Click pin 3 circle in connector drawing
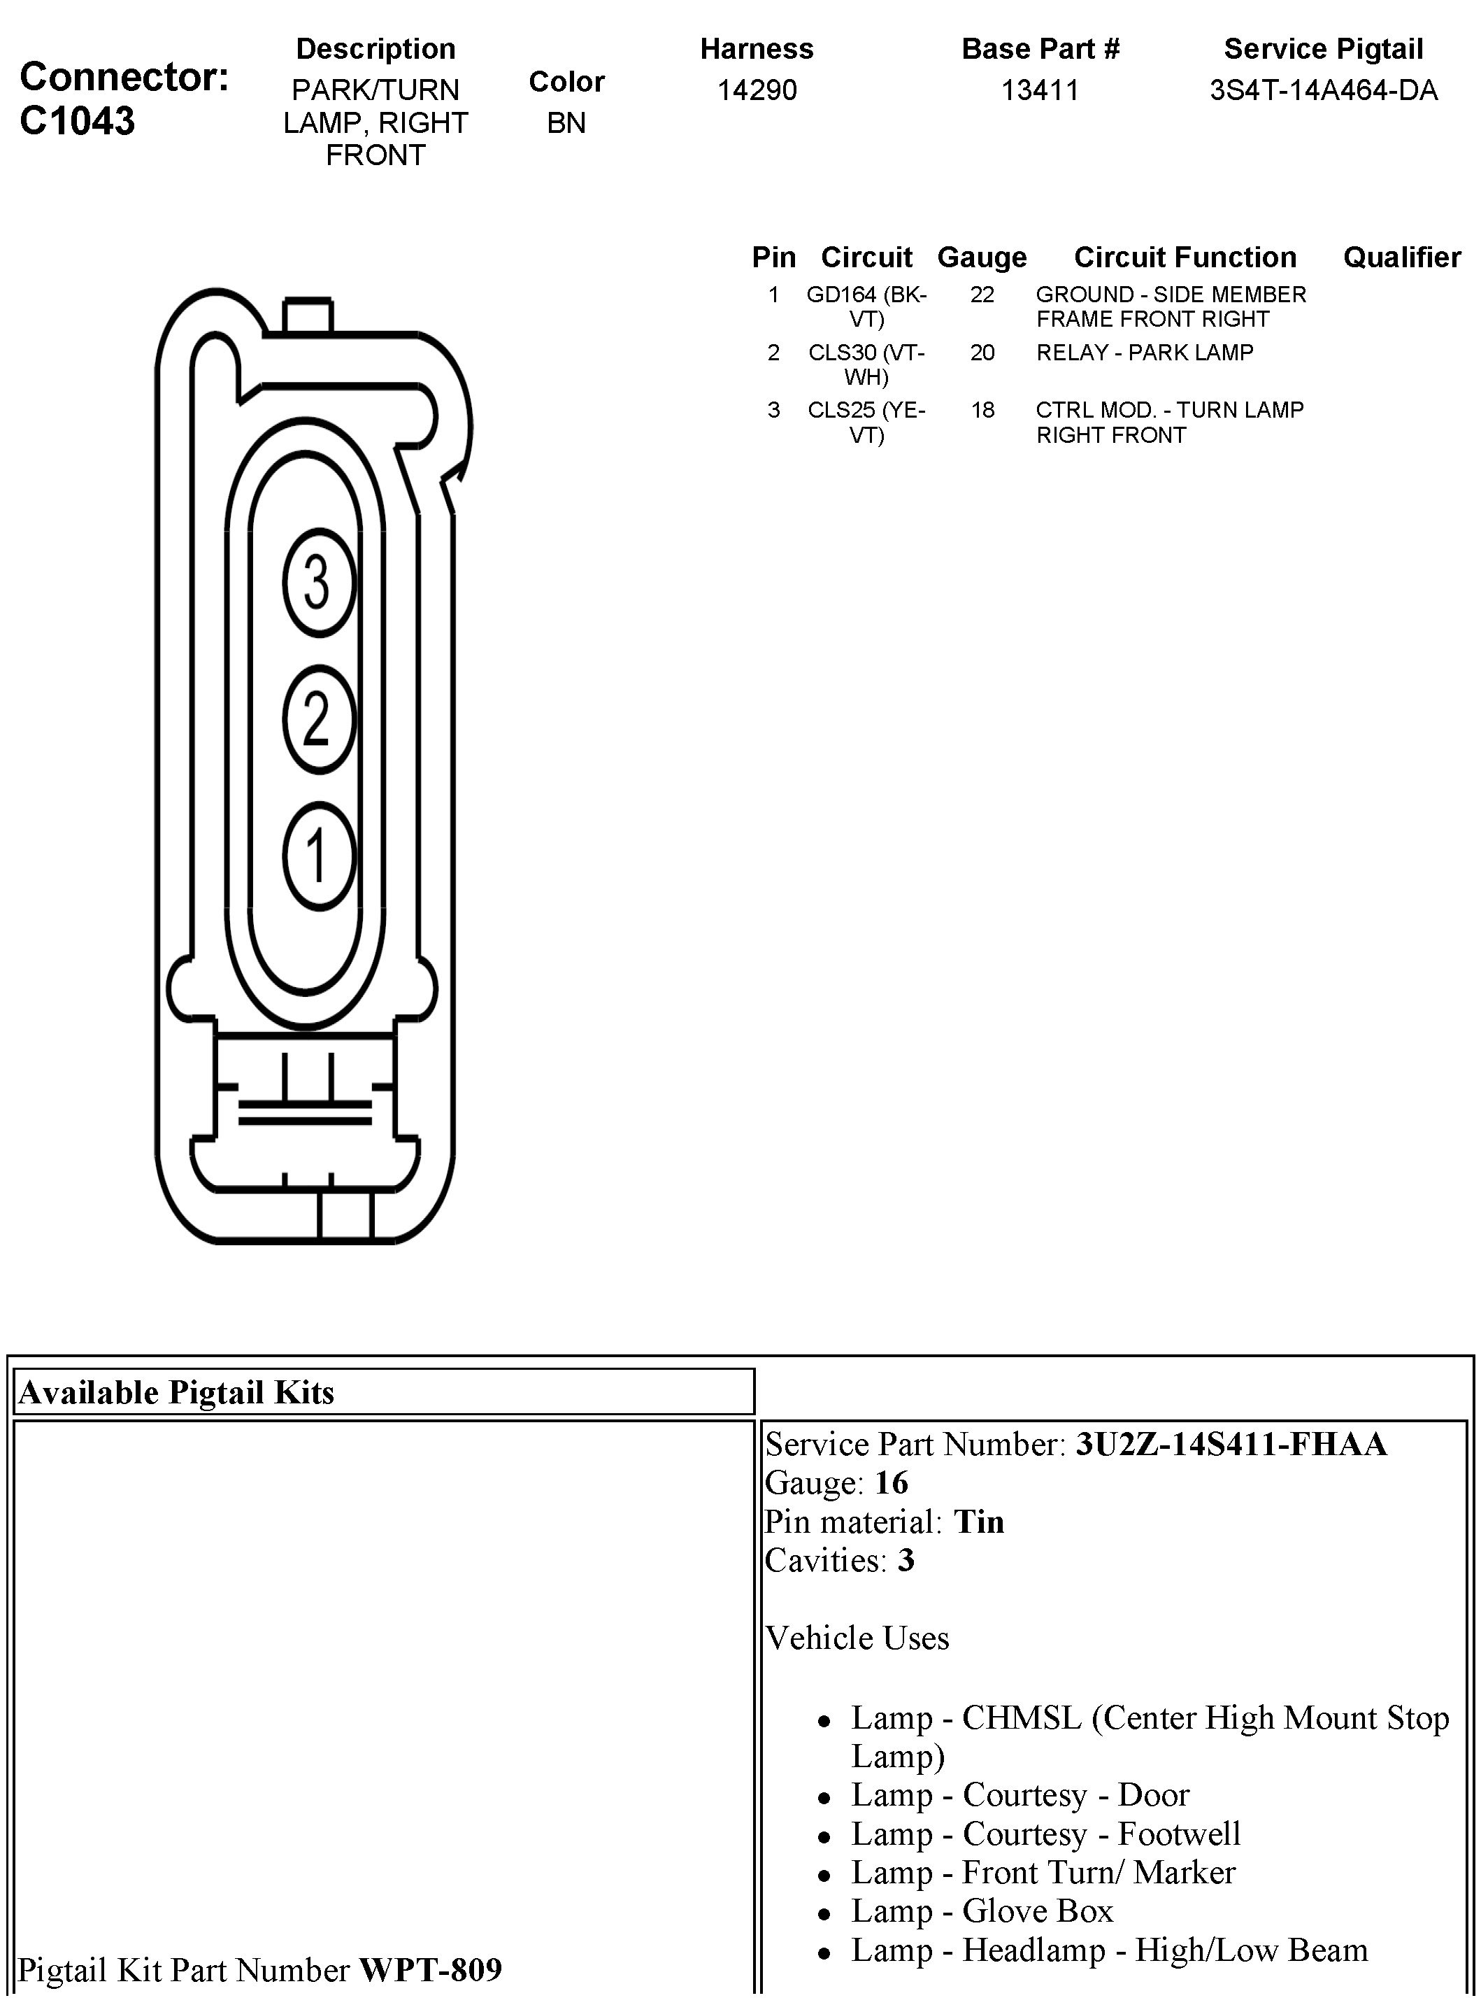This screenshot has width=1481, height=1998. click(318, 582)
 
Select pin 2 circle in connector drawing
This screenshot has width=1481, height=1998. click(318, 718)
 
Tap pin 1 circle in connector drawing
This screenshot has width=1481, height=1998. click(318, 855)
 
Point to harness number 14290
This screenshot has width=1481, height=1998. click(757, 90)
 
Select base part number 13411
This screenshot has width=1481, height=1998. click(1040, 90)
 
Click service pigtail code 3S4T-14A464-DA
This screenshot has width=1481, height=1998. click(1323, 90)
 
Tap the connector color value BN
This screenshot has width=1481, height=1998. click(566, 123)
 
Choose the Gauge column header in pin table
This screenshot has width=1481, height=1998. click(982, 257)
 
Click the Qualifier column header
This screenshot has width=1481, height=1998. click(1401, 257)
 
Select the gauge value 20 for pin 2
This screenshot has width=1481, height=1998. click(982, 353)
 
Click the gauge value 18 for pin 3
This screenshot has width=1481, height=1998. click(982, 410)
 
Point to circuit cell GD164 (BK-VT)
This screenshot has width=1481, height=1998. click(866, 306)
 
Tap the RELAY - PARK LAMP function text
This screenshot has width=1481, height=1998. click(1144, 353)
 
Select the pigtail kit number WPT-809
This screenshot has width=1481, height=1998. click(430, 1969)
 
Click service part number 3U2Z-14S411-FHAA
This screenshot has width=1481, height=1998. click(1231, 1444)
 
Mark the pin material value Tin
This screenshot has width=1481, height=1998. click(978, 1522)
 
